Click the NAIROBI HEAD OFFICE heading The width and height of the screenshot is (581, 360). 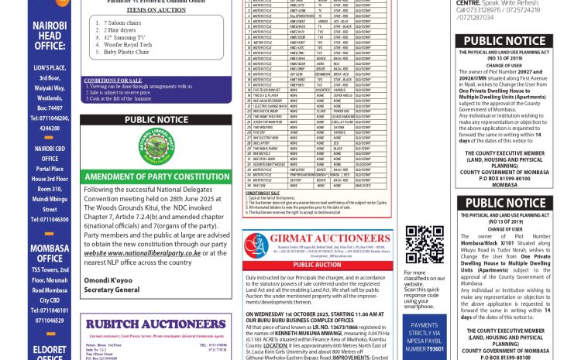click(x=50, y=36)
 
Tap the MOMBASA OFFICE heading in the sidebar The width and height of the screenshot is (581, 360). click(x=50, y=253)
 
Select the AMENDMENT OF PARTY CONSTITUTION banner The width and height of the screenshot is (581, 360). click(x=156, y=177)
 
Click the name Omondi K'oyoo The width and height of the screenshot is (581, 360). click(x=110, y=280)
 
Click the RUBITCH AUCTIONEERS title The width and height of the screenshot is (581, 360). click(x=155, y=324)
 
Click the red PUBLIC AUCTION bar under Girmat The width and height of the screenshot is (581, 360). click(x=317, y=265)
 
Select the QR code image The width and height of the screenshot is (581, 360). click(x=425, y=245)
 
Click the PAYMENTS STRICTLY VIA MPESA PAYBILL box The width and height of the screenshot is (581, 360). click(x=425, y=338)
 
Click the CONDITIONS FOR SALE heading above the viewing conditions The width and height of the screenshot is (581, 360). click(x=113, y=81)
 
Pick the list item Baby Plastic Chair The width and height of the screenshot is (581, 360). click(x=127, y=52)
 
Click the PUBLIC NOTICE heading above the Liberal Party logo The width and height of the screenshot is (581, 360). click(x=156, y=120)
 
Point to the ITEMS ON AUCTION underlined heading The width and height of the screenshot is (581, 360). click(x=156, y=9)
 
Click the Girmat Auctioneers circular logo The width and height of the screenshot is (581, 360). click(x=256, y=245)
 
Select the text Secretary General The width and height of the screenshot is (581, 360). click(x=112, y=290)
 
